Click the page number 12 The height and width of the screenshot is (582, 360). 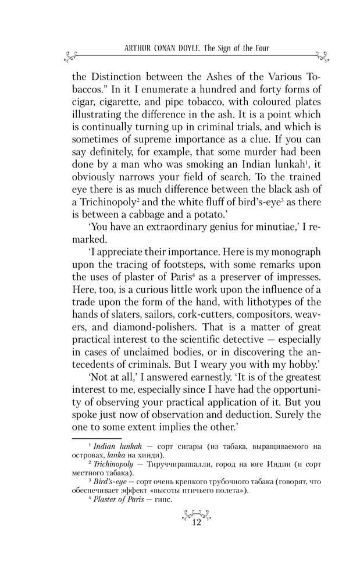coord(195,523)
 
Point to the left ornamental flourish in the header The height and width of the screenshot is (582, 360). coord(69,56)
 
